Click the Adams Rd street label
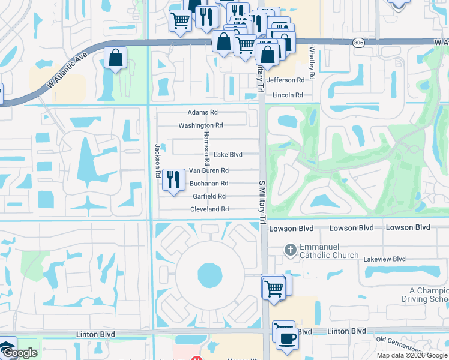tap(202, 112)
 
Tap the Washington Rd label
tap(200, 125)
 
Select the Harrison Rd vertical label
tap(206, 148)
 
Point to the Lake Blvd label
tap(228, 155)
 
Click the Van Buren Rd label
tap(208, 171)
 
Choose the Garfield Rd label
tap(209, 196)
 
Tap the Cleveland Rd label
tap(209, 209)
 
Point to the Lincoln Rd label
tap(287, 95)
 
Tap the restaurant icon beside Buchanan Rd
tap(173, 180)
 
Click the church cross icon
tap(290, 250)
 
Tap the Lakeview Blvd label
tap(384, 259)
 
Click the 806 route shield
tap(358, 42)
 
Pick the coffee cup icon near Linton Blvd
tap(286, 338)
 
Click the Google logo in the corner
tap(19, 353)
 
